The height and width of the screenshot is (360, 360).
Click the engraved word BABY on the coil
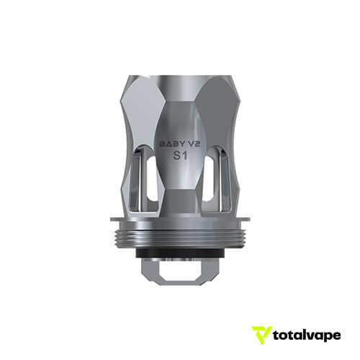pyautogui.click(x=171, y=143)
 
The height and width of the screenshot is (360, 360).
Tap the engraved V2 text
pyautogui.click(x=192, y=143)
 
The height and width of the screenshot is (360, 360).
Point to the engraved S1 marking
pyautogui.click(x=181, y=155)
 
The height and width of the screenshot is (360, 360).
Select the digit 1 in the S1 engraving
pyautogui.click(x=186, y=155)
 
